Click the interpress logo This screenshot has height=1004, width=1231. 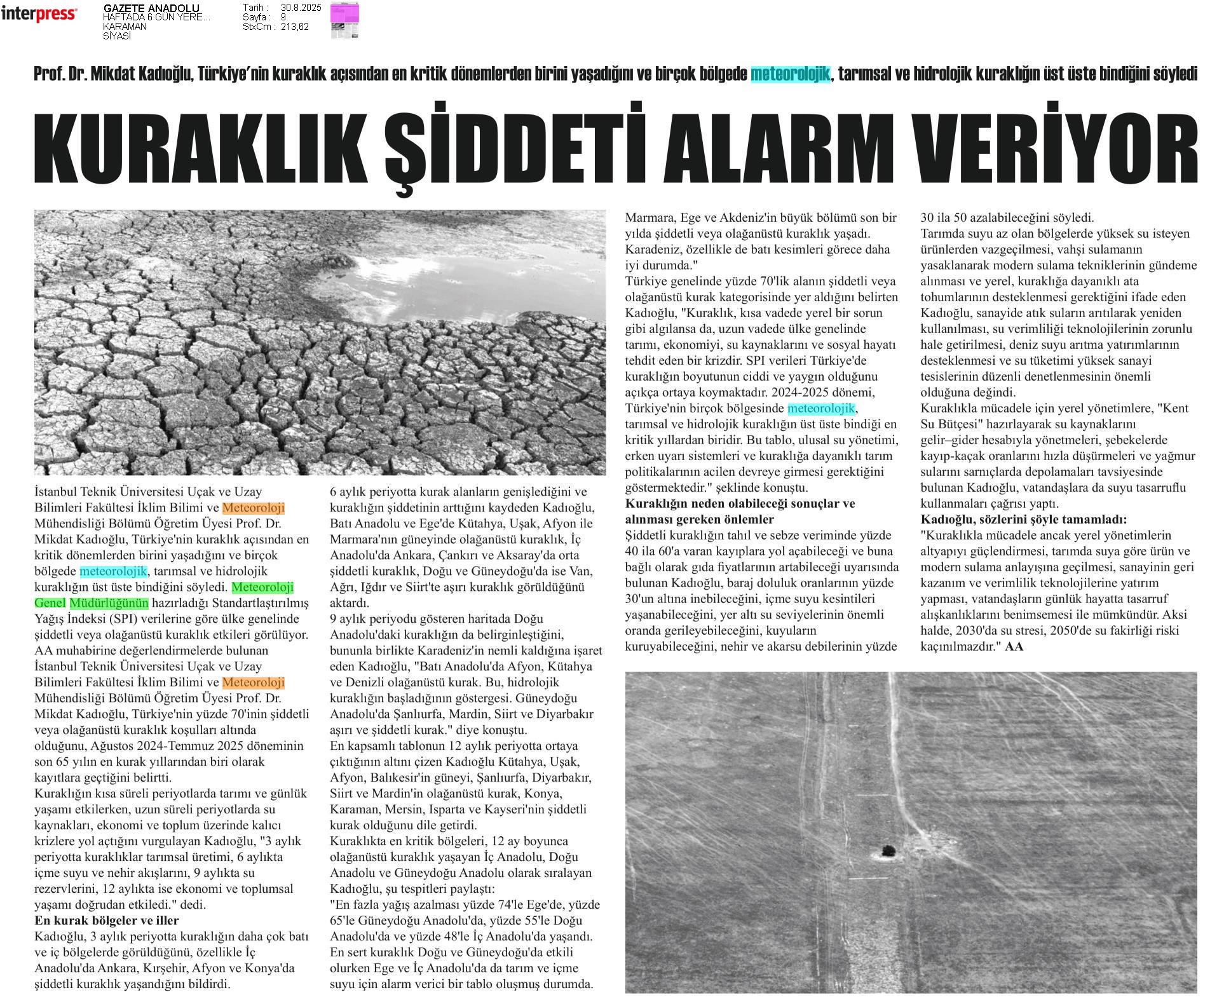point(39,14)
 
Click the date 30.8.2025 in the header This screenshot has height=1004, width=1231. point(301,8)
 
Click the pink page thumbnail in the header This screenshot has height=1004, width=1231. point(344,20)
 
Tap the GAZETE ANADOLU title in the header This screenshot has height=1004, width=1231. point(151,8)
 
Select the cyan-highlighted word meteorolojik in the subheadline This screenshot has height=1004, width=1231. point(790,74)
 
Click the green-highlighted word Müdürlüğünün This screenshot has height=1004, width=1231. point(109,603)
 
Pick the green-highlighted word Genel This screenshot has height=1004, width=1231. point(50,603)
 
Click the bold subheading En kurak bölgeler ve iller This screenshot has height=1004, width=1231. point(106,920)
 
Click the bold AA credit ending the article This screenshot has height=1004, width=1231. point(1014,646)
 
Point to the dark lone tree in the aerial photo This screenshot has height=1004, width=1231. point(887,850)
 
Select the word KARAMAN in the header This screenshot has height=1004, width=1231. point(125,27)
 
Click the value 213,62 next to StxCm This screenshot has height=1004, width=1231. point(295,27)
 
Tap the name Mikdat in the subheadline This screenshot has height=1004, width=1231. point(115,74)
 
